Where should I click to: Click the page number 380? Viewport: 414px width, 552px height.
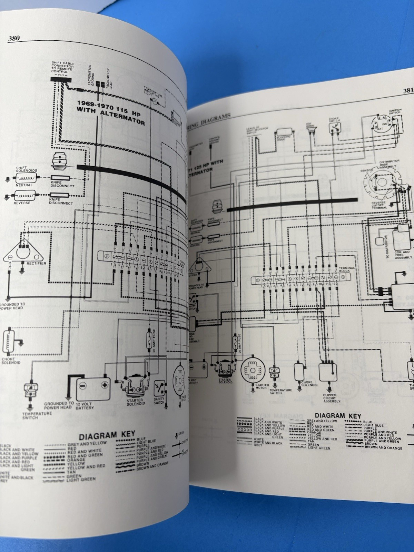14,39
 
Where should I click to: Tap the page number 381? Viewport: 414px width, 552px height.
408,91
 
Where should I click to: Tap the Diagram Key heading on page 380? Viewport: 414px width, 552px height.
107,434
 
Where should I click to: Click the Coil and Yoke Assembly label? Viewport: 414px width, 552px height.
403,255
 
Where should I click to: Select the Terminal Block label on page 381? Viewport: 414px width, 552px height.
346,270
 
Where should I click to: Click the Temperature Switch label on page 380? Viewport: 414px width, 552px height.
37,415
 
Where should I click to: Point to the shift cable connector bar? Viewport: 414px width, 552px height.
61,79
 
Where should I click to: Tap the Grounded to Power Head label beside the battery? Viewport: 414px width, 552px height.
59,405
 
